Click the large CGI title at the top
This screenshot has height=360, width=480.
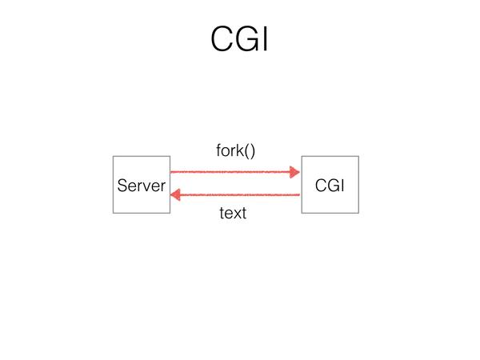[x=239, y=39]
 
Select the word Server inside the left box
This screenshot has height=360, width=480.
[x=142, y=186]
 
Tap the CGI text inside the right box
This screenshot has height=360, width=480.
[x=330, y=186]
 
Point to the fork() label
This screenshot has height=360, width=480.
[x=235, y=150]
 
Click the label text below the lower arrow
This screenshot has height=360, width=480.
[x=233, y=213]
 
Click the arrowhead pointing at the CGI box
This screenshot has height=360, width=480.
[x=294, y=172]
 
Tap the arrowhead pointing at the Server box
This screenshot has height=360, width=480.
[x=175, y=195]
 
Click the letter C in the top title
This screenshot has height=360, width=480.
[x=222, y=39]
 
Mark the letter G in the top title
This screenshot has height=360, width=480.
[x=247, y=39]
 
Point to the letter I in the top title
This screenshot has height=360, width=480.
[x=266, y=39]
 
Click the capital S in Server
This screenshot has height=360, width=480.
[x=122, y=186]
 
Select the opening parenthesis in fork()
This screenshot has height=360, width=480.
[x=246, y=151]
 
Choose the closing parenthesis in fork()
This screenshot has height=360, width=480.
[x=253, y=151]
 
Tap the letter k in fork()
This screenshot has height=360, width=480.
[x=240, y=150]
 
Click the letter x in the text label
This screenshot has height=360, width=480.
[x=236, y=214]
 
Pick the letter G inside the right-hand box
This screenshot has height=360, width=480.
[x=332, y=186]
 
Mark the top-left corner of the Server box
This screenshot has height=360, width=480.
[x=114, y=157]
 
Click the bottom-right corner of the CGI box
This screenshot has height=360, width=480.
[x=358, y=213]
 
